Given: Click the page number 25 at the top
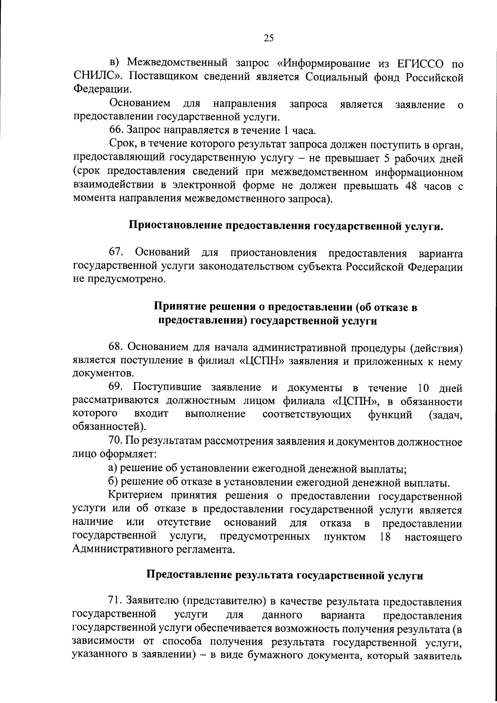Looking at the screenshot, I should [268, 38].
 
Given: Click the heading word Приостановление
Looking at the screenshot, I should [175, 226].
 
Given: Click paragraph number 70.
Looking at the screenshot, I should [116, 442].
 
